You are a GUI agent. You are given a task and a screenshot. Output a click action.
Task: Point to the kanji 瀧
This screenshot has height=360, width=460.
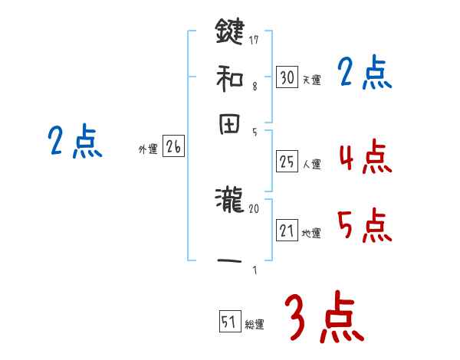[x=229, y=202]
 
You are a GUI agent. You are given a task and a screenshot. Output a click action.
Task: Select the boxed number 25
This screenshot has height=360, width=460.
[x=287, y=161]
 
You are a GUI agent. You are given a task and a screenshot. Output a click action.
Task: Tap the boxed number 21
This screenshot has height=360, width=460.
[x=287, y=231]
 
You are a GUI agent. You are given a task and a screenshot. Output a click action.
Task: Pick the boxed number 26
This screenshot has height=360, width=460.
[x=172, y=147]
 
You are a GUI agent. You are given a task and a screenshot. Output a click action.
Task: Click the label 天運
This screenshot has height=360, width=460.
[x=311, y=80]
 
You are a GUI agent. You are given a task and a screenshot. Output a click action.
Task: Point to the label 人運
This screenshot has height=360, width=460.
[x=311, y=163]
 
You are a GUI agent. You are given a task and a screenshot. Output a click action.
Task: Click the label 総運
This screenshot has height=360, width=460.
[x=254, y=324]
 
